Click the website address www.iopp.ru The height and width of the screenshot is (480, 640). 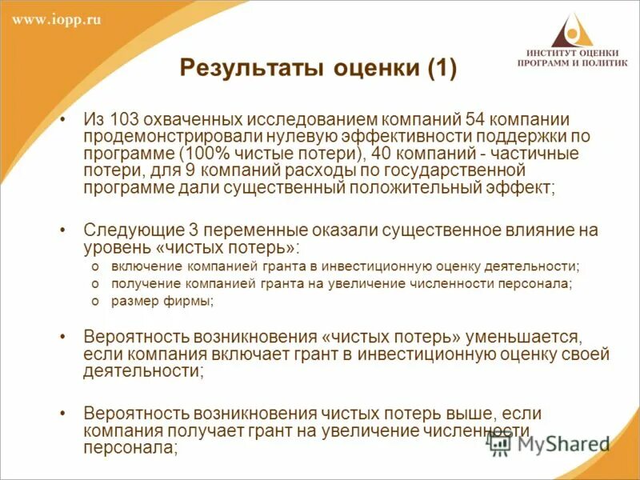tap(57, 20)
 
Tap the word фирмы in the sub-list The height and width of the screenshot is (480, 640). tap(195, 302)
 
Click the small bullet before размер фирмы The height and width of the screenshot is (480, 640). tap(94, 302)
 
